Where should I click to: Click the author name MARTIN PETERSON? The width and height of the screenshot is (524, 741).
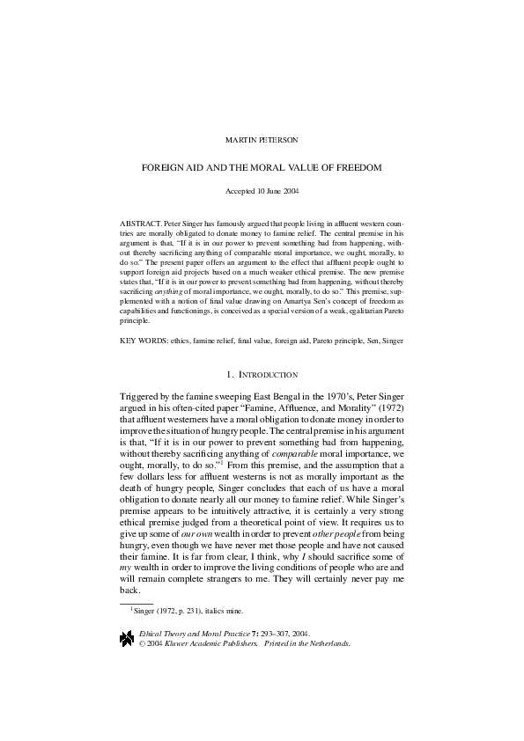click(262, 138)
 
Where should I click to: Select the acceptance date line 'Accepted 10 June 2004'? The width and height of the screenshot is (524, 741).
click(262, 190)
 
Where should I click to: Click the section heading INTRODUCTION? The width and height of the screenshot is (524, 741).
click(267, 376)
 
